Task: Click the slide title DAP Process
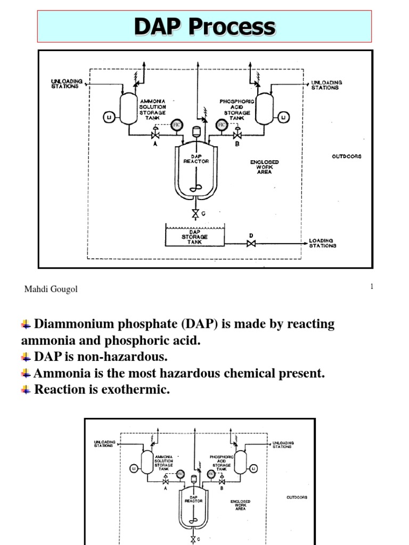(204, 27)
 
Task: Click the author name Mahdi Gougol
(51, 289)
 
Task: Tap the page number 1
(372, 287)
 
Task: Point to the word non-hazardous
(113, 357)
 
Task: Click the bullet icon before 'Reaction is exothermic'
(26, 390)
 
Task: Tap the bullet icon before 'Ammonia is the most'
(26, 373)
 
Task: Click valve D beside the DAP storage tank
(251, 244)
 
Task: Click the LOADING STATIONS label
(323, 243)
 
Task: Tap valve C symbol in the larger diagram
(195, 213)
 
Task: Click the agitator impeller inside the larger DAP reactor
(195, 188)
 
